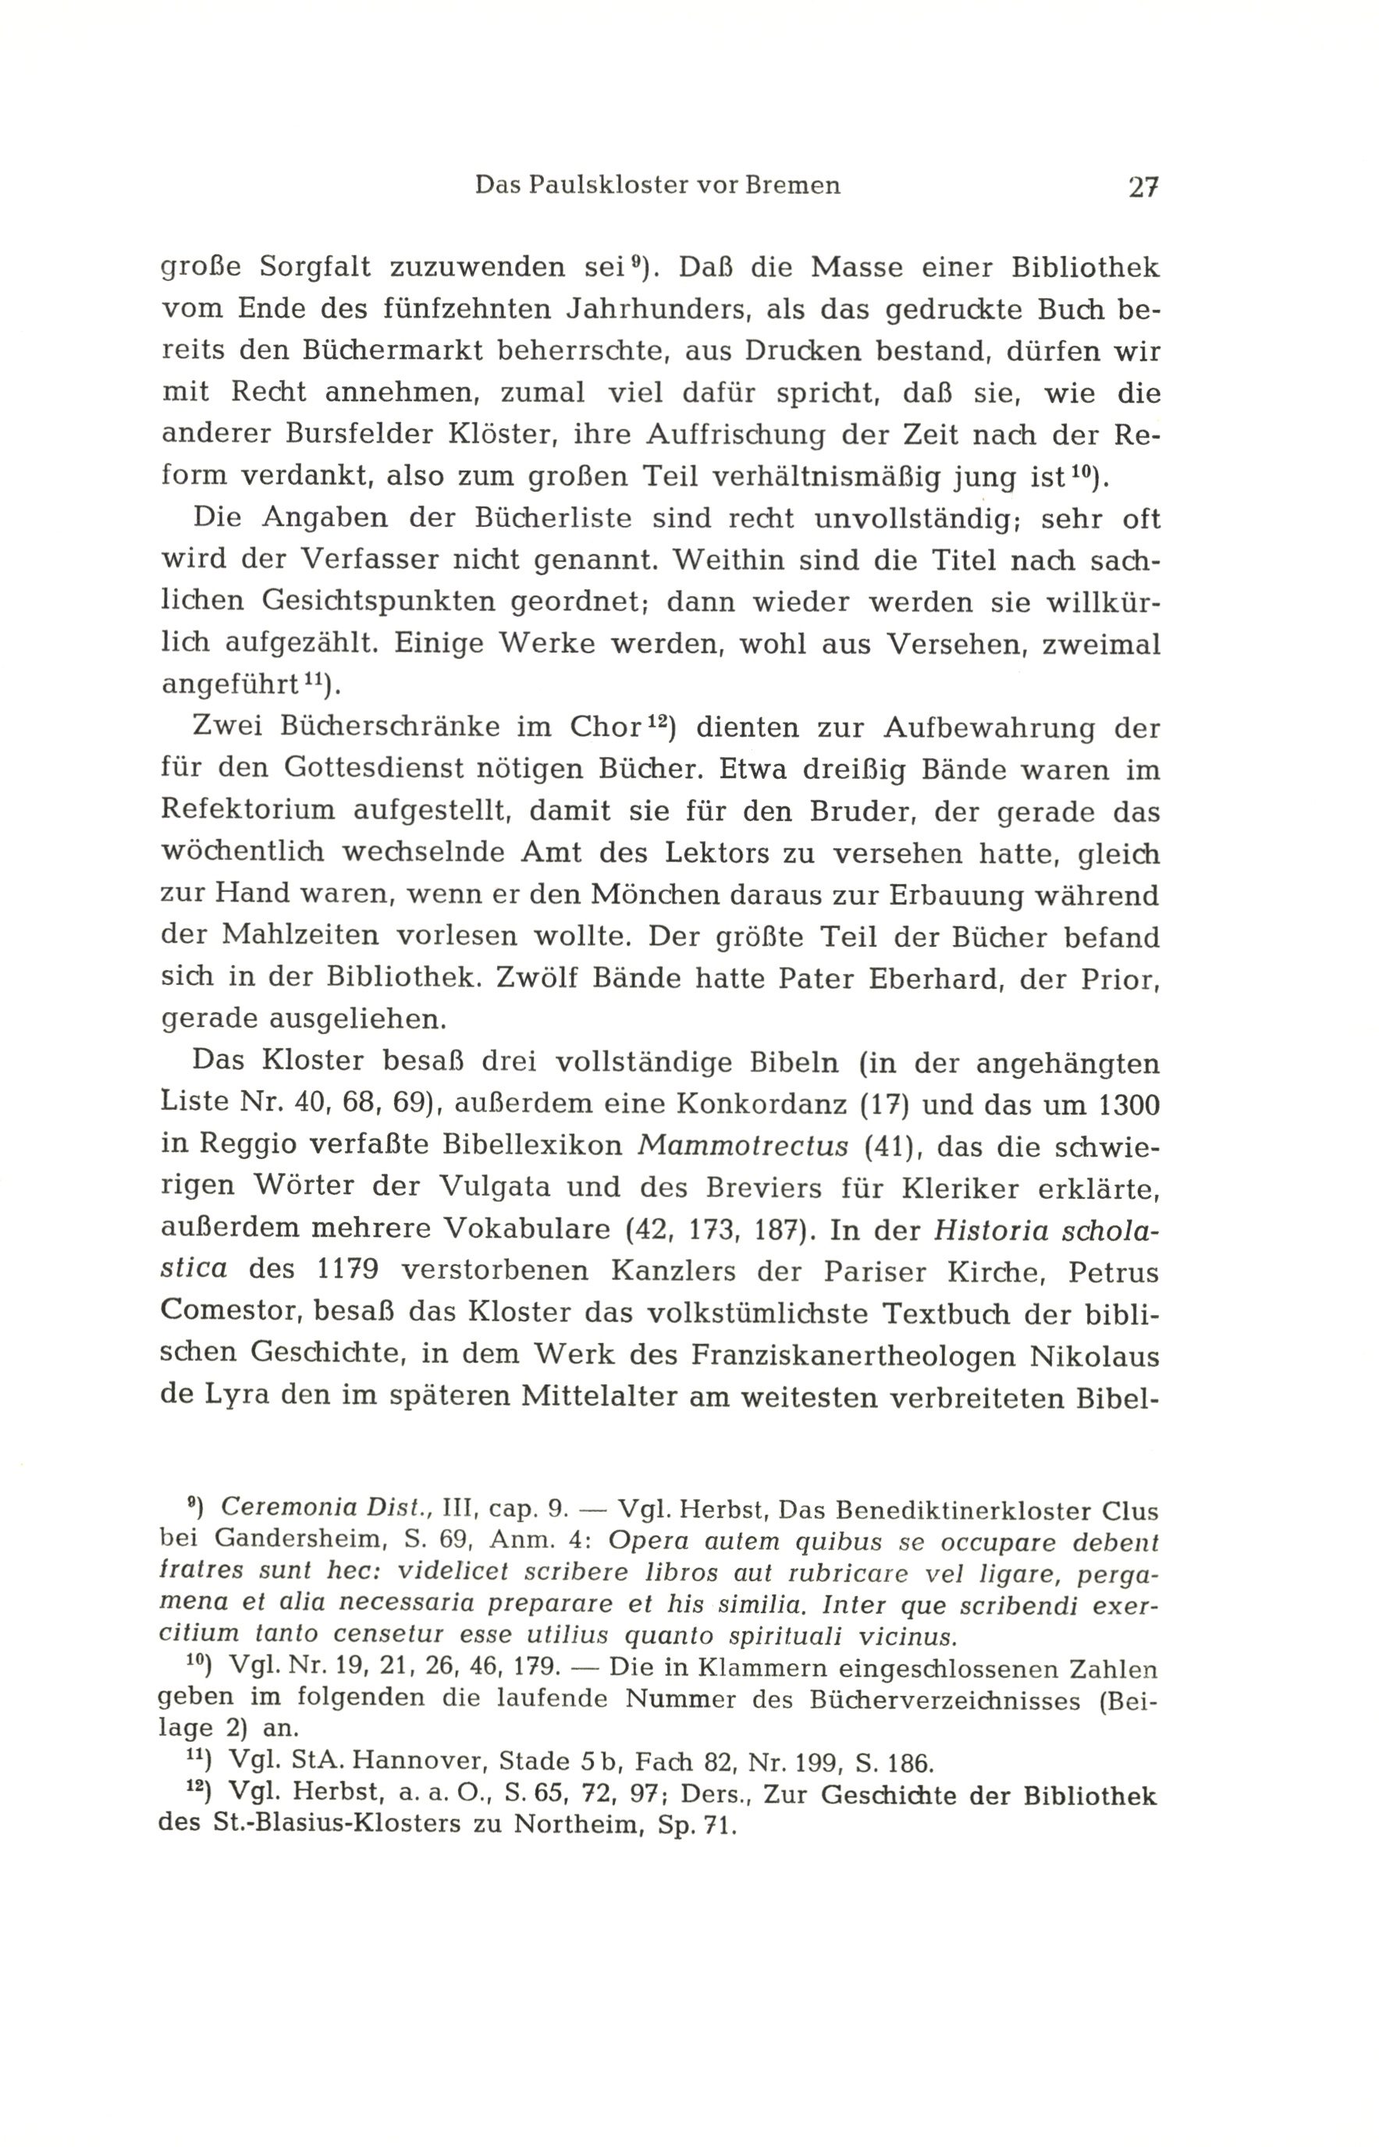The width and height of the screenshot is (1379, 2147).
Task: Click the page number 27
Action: click(x=1143, y=187)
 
